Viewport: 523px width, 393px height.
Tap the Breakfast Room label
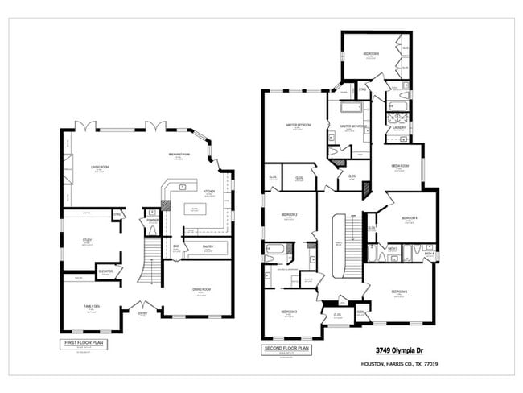[x=179, y=154]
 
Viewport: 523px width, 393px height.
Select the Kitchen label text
[x=209, y=191]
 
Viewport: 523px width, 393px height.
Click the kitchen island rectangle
[x=192, y=213]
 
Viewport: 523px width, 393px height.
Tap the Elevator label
[x=105, y=271]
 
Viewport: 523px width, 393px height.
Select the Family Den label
[x=90, y=306]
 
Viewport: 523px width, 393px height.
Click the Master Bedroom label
[x=299, y=125]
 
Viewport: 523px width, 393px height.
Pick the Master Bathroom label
[x=353, y=126]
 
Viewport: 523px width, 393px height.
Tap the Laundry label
[x=398, y=127]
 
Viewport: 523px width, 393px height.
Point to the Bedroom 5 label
[x=400, y=292]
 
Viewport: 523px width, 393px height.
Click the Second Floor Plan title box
[x=286, y=349]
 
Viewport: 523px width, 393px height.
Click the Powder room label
[x=152, y=221]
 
